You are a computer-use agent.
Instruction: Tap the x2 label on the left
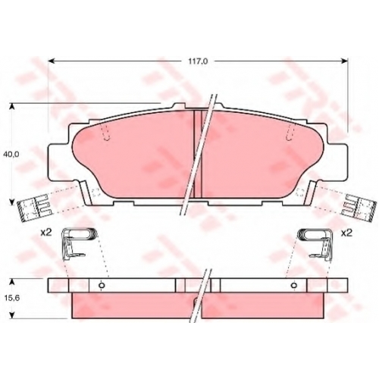pyautogui.click(x=46, y=233)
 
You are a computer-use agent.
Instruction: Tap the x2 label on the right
pyautogui.click(x=346, y=233)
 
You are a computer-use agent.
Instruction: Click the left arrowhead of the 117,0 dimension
pyautogui.click(x=51, y=61)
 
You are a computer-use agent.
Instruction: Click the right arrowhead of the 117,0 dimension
pyautogui.click(x=345, y=61)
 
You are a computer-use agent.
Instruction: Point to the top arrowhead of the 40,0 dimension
pyautogui.click(x=11, y=107)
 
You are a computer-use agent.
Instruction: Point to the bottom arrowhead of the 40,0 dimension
pyautogui.click(x=11, y=202)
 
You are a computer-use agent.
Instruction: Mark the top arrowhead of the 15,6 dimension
pyautogui.click(x=12, y=282)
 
